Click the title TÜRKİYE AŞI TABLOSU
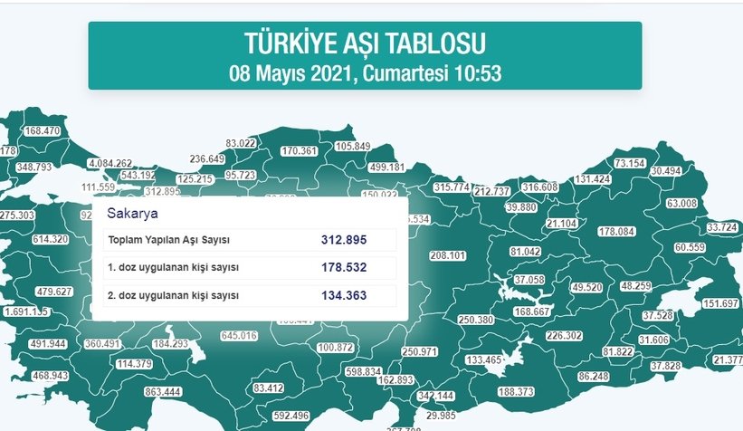tap(365, 43)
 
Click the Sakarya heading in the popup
tap(127, 214)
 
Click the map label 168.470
tap(42, 131)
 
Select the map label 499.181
tap(387, 168)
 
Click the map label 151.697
tap(720, 302)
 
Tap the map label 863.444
tap(163, 391)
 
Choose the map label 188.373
tap(516, 391)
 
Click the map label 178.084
tap(615, 232)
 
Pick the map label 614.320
tap(50, 239)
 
